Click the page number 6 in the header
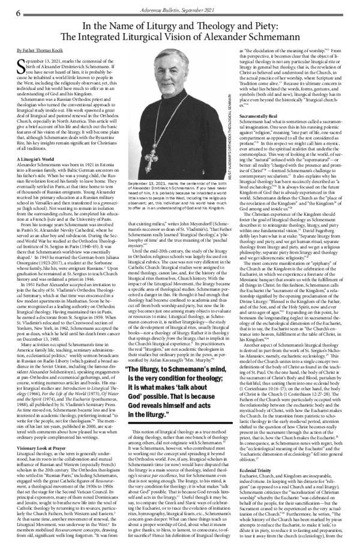[18, 12]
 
